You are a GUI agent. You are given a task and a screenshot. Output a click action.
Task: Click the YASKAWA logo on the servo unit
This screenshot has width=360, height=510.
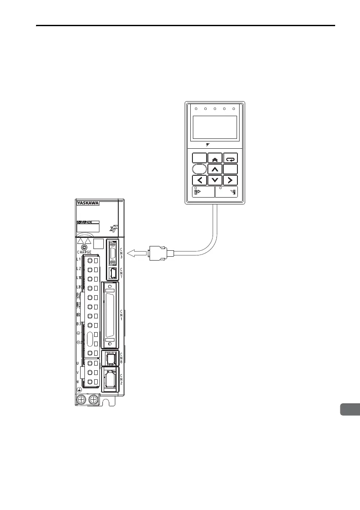[x=88, y=204]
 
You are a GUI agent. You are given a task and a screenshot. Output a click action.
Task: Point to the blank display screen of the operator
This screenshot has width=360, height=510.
[x=215, y=127]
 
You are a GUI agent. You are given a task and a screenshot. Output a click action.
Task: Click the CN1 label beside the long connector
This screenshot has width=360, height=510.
[x=121, y=315]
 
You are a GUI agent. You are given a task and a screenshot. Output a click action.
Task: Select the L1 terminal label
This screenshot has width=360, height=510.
[x=79, y=260]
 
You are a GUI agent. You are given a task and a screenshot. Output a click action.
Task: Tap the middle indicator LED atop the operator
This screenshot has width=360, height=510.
[x=215, y=109]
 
